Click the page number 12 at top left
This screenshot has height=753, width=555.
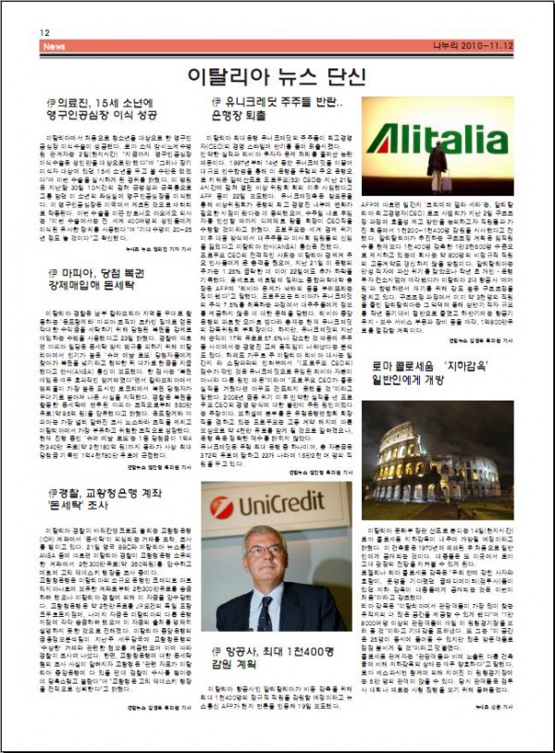(43, 32)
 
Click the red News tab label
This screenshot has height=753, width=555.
(54, 46)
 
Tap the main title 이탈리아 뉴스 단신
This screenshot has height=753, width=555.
(277, 74)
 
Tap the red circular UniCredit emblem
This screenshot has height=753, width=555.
(222, 508)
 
